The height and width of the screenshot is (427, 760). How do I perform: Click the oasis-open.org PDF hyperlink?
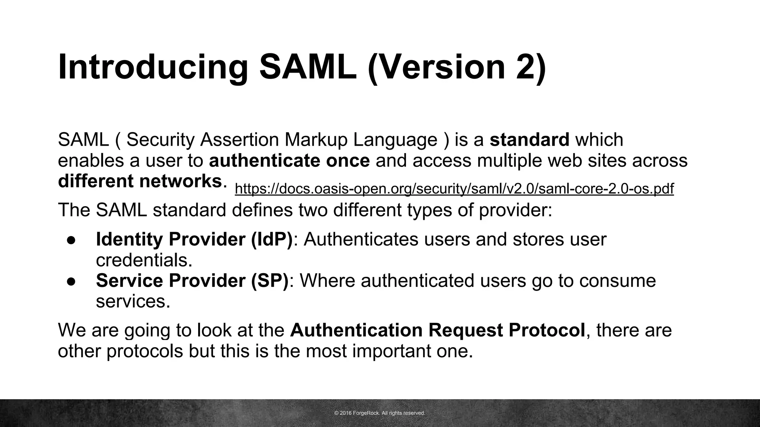coord(454,189)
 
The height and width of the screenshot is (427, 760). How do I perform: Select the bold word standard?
coord(529,140)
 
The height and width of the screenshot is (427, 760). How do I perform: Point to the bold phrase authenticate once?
coord(289,160)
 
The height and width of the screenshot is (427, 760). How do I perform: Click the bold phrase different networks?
coord(140,181)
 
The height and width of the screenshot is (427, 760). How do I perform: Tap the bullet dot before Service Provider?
coord(72,281)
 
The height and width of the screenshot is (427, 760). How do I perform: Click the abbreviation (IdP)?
coord(272,239)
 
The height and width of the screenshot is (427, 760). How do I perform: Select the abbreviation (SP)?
coord(270,280)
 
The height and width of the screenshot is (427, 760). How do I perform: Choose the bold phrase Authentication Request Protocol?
coord(438,330)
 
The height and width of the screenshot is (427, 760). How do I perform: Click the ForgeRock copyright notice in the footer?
coord(380,413)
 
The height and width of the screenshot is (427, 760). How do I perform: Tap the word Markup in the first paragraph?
coord(315,140)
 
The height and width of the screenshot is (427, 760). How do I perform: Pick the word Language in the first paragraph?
coord(395,140)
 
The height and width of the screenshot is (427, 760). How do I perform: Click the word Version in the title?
coord(436,67)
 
